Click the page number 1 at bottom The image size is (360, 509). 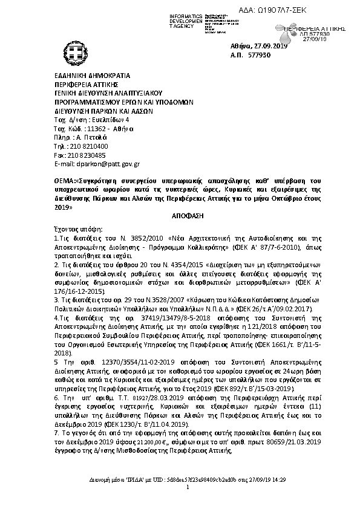[x=188, y=487]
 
